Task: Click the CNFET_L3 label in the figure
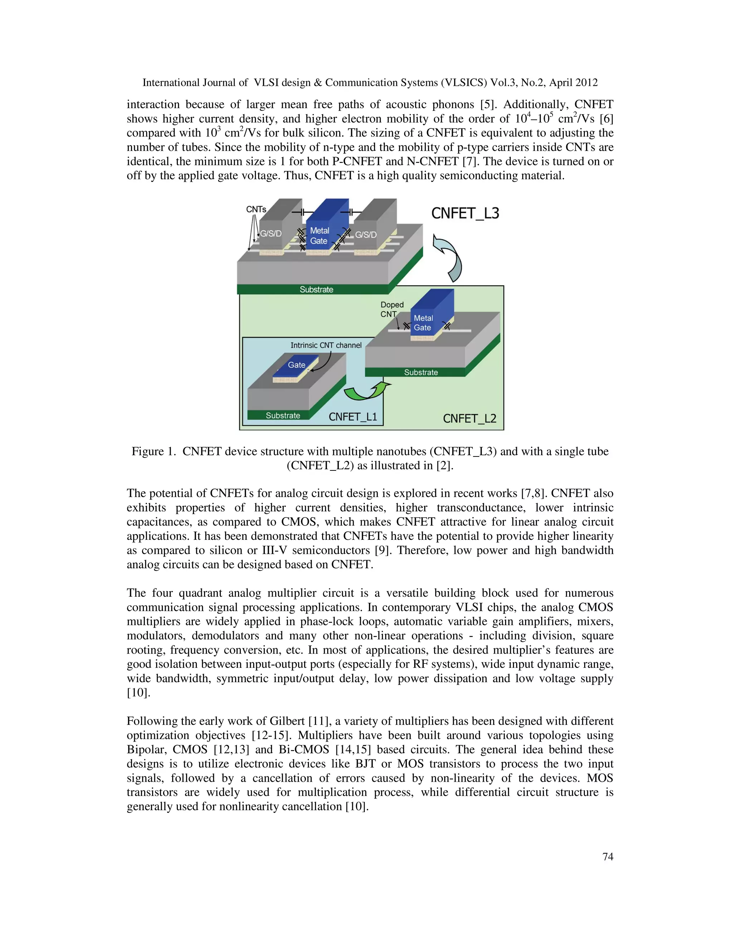click(x=465, y=213)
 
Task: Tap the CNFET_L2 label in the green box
click(x=470, y=419)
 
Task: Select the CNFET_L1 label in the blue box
click(x=353, y=417)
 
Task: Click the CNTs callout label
click(x=256, y=209)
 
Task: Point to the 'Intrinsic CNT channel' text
click(x=326, y=345)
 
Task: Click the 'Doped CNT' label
click(x=392, y=309)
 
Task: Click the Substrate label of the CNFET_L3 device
click(x=316, y=289)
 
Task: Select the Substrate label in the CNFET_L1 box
click(x=283, y=415)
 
